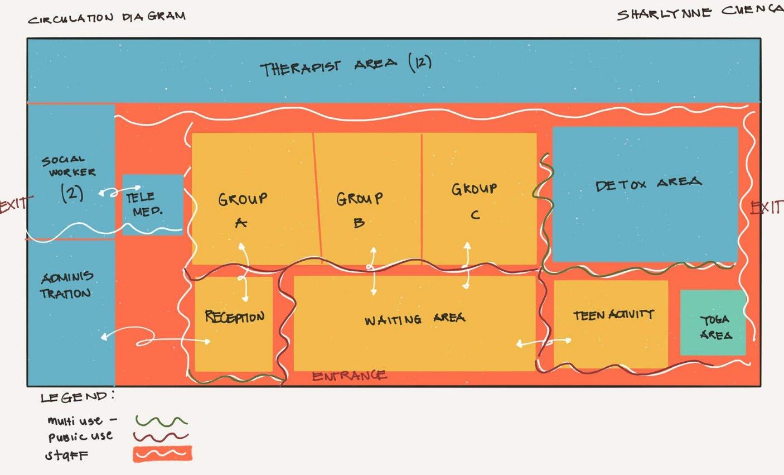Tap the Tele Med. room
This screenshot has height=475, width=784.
point(152,204)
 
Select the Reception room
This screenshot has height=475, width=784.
point(234,324)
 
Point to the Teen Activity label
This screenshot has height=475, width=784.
point(613,315)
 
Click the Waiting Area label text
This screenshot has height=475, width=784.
point(414,319)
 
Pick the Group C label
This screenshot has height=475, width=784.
point(474,200)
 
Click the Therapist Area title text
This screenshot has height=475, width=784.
point(346,66)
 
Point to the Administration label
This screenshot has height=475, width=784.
point(66,285)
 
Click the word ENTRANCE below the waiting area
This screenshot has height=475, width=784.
point(349,376)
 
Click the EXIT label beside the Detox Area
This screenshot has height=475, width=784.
point(767,208)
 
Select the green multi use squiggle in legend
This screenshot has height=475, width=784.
point(161,420)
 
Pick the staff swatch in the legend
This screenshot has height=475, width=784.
point(162,454)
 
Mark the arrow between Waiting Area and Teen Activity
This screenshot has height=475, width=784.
point(544,342)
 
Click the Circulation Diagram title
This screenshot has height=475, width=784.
point(107,17)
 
